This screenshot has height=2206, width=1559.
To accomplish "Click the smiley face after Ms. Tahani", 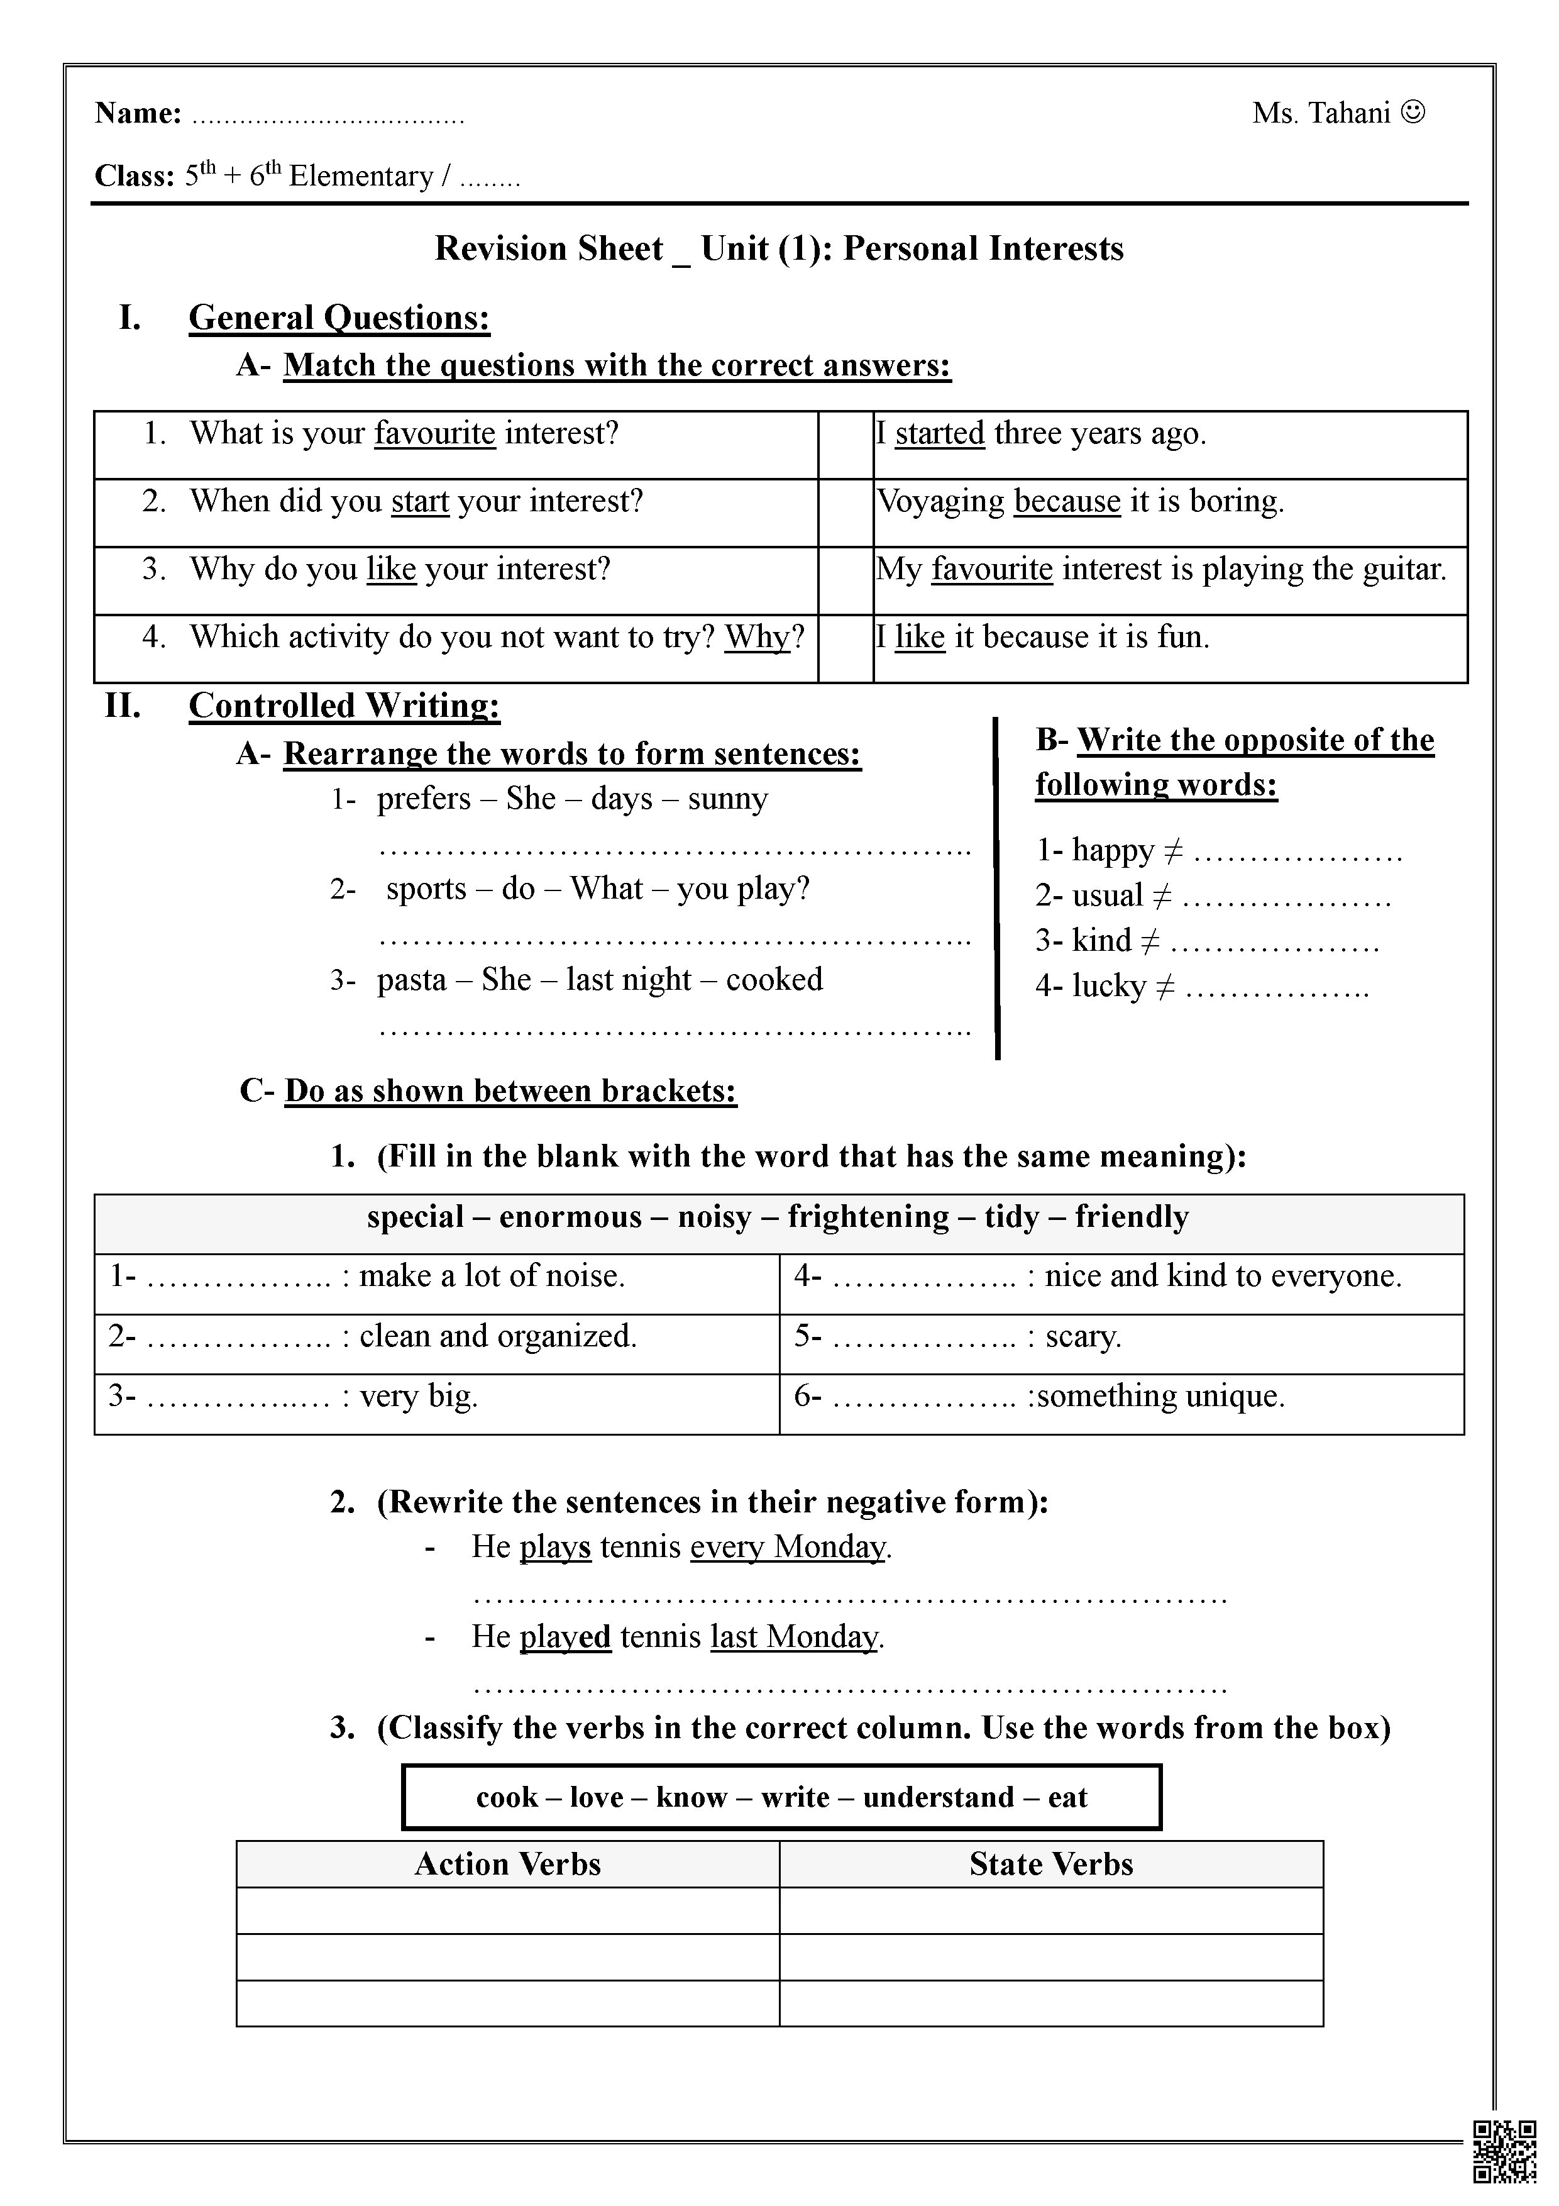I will tap(1413, 113).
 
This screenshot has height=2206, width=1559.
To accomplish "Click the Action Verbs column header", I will tap(507, 1864).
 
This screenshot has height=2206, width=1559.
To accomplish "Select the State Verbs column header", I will tap(1051, 1864).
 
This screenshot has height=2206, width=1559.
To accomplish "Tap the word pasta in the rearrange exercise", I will tap(411, 979).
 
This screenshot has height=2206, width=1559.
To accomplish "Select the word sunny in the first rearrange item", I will tap(727, 799).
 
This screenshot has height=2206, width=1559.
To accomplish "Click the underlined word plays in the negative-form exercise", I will tap(554, 1547).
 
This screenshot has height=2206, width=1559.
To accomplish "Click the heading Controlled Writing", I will tap(344, 704).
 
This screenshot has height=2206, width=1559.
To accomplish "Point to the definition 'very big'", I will tap(419, 1395).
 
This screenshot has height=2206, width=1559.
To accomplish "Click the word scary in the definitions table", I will tap(1082, 1336).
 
